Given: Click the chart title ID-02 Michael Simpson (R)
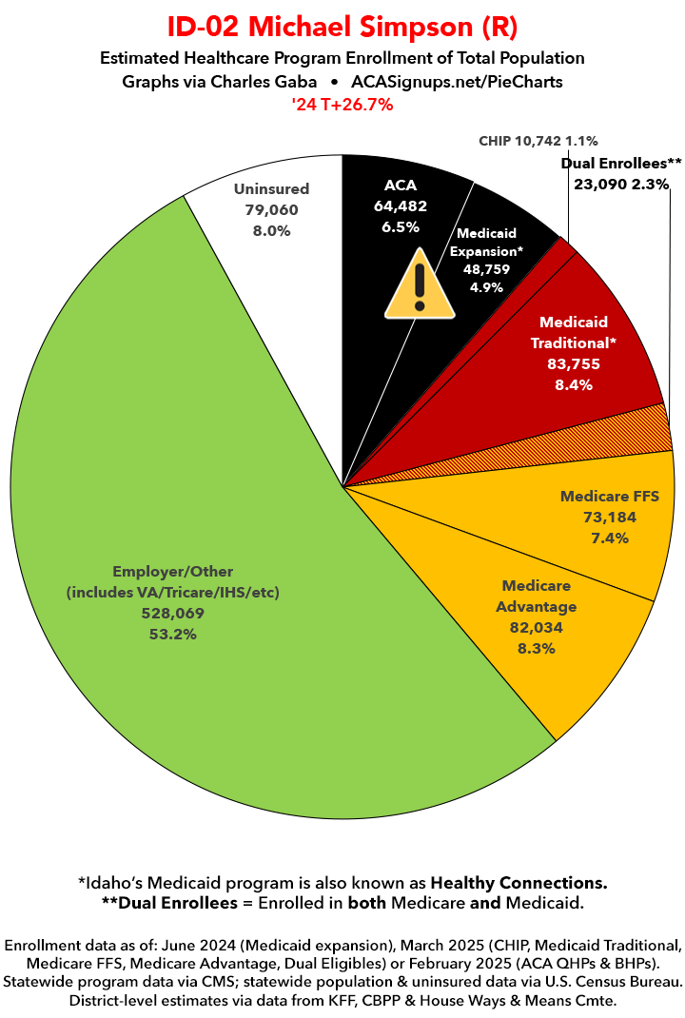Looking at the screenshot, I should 342,25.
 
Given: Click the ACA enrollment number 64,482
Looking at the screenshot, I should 401,205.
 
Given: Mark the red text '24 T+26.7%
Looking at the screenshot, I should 342,105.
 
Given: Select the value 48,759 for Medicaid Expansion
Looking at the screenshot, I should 487,269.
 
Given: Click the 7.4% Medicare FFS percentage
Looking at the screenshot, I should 609,538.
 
